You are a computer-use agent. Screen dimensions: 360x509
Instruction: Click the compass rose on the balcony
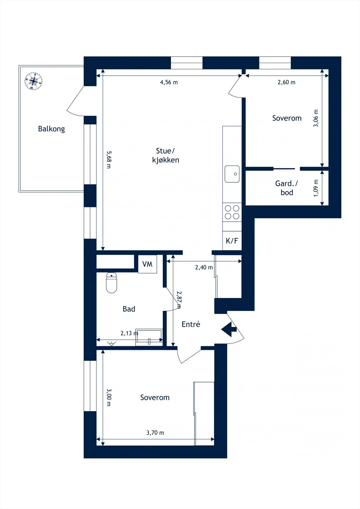pyautogui.click(x=33, y=81)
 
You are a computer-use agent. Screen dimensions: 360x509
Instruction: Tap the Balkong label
pyautogui.click(x=51, y=129)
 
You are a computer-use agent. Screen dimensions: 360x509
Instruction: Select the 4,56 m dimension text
pyautogui.click(x=169, y=82)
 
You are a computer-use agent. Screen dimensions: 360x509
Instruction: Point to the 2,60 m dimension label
pyautogui.click(x=286, y=82)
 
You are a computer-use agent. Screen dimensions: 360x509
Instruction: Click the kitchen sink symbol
pyautogui.click(x=232, y=174)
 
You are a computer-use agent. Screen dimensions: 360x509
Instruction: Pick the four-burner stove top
pyautogui.click(x=232, y=212)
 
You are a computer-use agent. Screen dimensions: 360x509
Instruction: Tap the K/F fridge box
pyautogui.click(x=232, y=241)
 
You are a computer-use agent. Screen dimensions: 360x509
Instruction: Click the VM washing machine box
pyautogui.click(x=147, y=264)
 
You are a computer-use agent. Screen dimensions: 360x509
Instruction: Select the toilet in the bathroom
pyautogui.click(x=111, y=283)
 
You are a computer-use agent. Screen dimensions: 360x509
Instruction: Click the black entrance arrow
pyautogui.click(x=229, y=329)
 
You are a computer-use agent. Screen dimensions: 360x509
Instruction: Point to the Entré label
pyautogui.click(x=191, y=324)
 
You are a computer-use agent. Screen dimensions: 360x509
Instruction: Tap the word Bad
pyautogui.click(x=129, y=309)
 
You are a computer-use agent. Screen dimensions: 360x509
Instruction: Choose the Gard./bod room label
pyautogui.click(x=286, y=188)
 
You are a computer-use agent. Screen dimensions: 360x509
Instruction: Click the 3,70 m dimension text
pyautogui.click(x=155, y=433)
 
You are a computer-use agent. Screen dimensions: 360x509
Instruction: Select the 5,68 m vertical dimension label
pyautogui.click(x=109, y=159)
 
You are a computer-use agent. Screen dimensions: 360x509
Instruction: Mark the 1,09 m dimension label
pyautogui.click(x=316, y=188)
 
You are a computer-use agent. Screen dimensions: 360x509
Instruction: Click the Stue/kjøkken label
pyautogui.click(x=166, y=156)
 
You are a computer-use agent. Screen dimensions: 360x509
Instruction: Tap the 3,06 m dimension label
pyautogui.click(x=316, y=118)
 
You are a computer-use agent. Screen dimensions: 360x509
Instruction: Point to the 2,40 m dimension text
pyautogui.click(x=204, y=267)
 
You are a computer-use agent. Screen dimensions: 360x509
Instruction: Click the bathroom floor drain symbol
pyautogui.click(x=111, y=343)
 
